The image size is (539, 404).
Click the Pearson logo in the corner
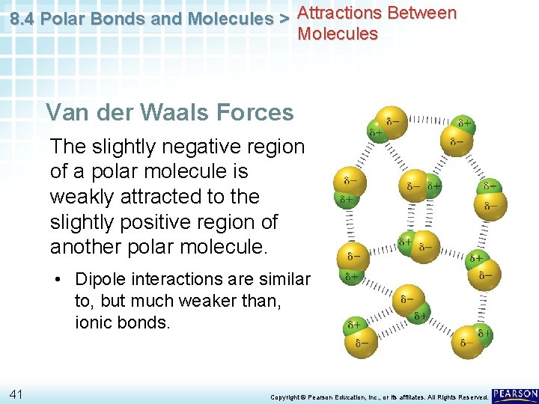pos(516,394)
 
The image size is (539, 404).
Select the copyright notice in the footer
pos(378,397)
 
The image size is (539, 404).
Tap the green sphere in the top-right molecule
pos(464,123)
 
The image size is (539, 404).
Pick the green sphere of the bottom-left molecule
pos(354,327)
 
